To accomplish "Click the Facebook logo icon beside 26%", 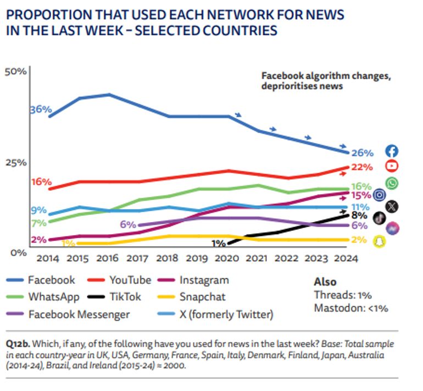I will pyautogui.click(x=392, y=151).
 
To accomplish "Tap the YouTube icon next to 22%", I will pyautogui.click(x=392, y=166).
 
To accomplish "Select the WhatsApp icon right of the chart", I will pyautogui.click(x=392, y=183).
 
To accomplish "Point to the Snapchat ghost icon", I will pyautogui.click(x=379, y=240).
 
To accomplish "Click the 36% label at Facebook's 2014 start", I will pyautogui.click(x=40, y=109).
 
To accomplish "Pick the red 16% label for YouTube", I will pyautogui.click(x=41, y=181).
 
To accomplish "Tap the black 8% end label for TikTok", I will pyautogui.click(x=359, y=216).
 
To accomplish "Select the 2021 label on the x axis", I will pyautogui.click(x=255, y=258).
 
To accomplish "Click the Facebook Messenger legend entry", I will pyautogui.click(x=79, y=315).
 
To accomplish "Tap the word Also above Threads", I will pyautogui.click(x=325, y=282).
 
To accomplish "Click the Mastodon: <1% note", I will pyautogui.click(x=350, y=308).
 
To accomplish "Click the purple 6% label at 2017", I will pyautogui.click(x=127, y=224).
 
